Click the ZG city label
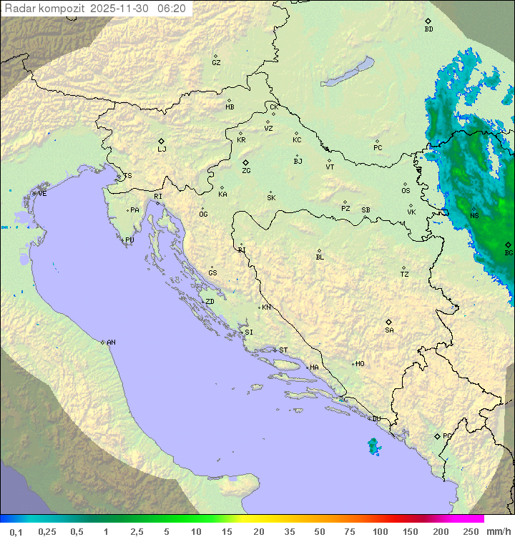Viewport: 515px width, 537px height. [246, 171]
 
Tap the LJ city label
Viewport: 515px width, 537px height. [162, 149]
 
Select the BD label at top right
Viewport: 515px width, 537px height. [428, 29]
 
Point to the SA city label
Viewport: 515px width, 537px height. [389, 330]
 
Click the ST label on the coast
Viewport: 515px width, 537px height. [283, 350]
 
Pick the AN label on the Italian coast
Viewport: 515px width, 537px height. [111, 343]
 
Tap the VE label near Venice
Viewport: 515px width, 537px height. [42, 194]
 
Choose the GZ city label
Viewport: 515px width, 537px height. [216, 62]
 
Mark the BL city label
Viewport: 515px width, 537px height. [320, 257]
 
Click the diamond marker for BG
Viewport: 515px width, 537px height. [508, 245]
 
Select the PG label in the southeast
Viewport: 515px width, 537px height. [447, 435]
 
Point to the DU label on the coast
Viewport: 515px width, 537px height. [376, 419]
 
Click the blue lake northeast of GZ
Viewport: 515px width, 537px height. [348, 72]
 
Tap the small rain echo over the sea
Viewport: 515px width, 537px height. [373, 446]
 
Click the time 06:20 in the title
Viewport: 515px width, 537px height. [172, 9]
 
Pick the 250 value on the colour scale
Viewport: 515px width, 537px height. [470, 531]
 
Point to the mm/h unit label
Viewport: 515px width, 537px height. [498, 531]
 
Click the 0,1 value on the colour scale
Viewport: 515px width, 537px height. [16, 531]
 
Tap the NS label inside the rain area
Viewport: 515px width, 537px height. [474, 215]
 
